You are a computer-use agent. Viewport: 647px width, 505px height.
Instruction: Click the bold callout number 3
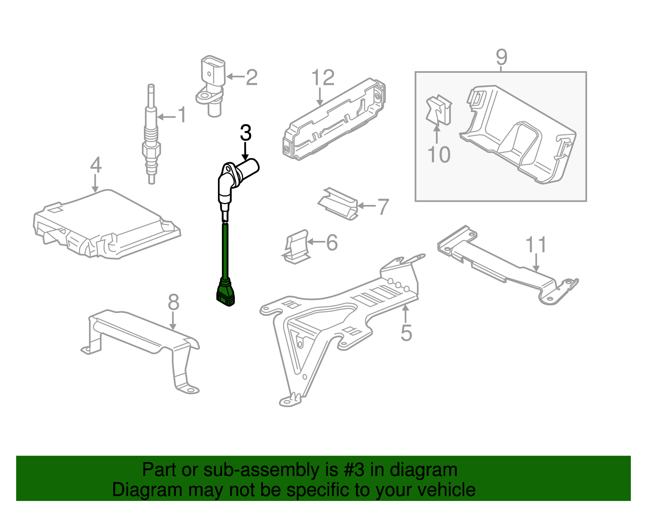[245, 133]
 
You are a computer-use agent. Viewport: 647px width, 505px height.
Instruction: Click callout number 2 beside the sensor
[252, 77]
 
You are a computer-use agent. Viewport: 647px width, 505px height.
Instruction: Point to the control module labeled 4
[105, 226]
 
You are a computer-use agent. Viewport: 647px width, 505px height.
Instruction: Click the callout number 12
[323, 78]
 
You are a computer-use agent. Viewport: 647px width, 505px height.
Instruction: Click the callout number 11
[536, 245]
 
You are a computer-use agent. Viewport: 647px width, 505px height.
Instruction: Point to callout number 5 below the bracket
[406, 332]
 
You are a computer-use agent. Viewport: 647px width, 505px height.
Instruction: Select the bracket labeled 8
[142, 340]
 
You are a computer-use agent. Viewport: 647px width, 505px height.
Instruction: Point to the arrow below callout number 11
[536, 263]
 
